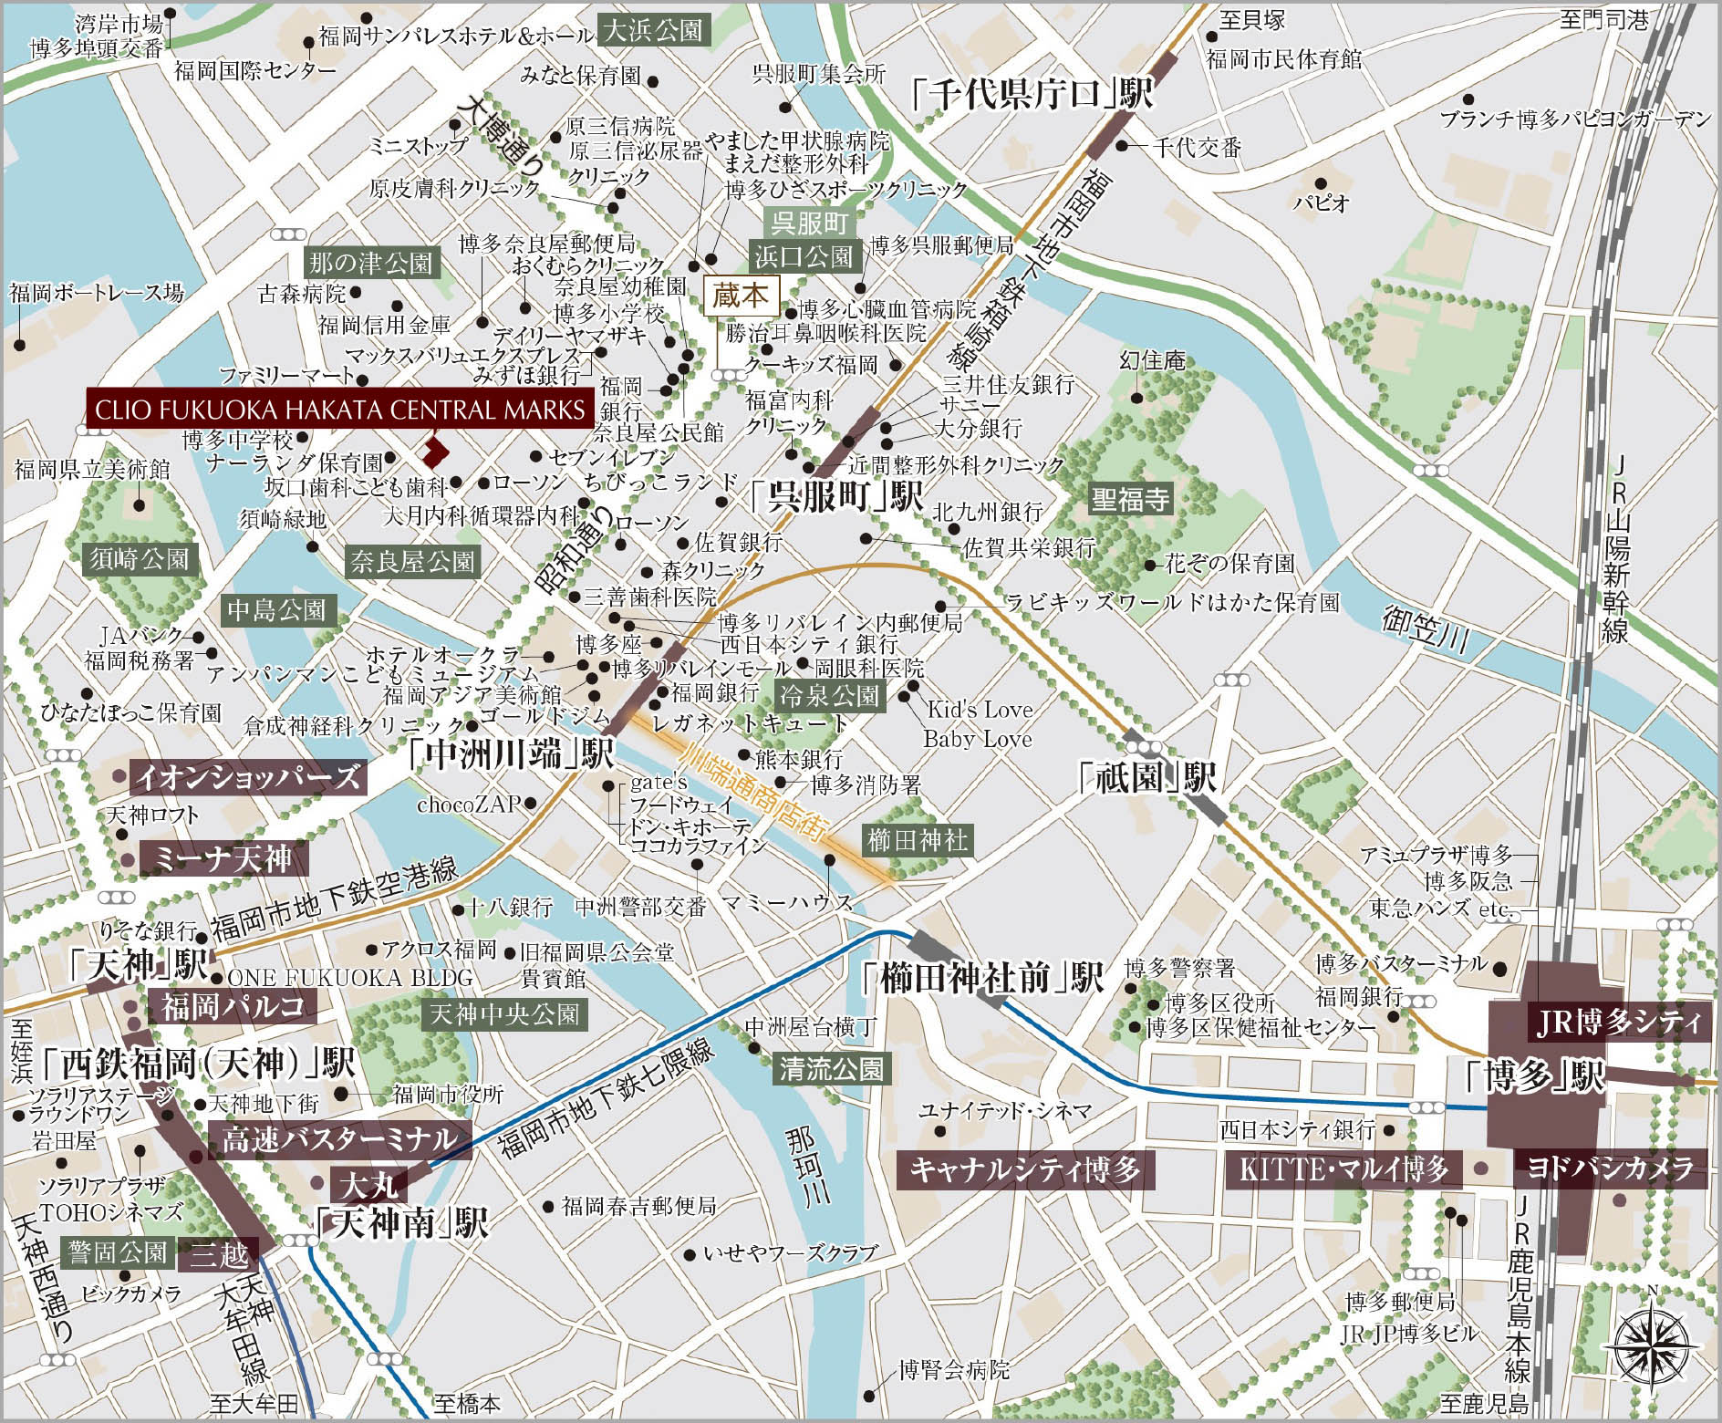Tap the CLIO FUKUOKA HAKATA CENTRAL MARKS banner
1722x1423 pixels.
339,410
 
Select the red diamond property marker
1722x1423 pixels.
436,449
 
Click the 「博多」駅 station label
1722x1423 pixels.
1533,1077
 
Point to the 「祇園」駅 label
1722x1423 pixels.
1146,779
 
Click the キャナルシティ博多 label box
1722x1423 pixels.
1025,1169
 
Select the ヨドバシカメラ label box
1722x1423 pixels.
1610,1168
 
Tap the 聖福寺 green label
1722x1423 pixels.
1130,499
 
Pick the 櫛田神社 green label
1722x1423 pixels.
917,839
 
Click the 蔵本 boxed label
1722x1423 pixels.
743,296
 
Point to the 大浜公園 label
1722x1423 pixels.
652,32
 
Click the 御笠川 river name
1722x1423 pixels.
1425,628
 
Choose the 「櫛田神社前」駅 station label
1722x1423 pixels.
981,979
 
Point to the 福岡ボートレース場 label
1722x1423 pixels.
97,293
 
